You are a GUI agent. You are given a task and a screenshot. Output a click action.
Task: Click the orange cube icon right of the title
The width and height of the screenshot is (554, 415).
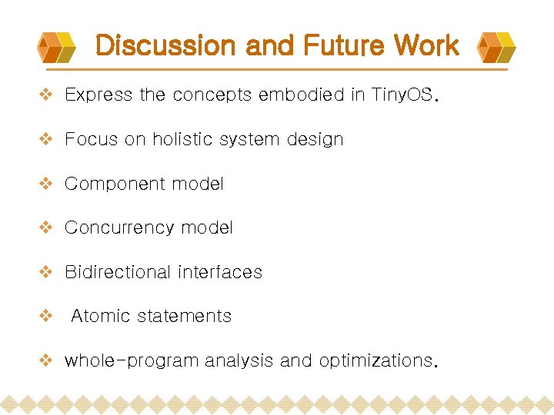(496, 47)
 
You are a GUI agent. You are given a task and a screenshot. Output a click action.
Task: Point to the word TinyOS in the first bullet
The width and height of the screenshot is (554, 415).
(402, 95)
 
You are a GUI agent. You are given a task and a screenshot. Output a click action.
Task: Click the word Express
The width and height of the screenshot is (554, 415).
(98, 95)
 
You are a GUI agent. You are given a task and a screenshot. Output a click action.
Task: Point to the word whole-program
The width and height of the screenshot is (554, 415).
(131, 360)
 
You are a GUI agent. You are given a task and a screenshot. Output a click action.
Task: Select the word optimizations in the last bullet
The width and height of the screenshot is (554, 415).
(375, 360)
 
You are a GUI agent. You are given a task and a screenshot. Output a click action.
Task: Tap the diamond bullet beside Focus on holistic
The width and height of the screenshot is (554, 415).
(46, 140)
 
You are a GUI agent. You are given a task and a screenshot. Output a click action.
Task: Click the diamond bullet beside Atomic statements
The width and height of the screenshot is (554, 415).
(46, 316)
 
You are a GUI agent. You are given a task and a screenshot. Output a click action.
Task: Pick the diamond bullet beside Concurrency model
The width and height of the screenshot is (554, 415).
(46, 228)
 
